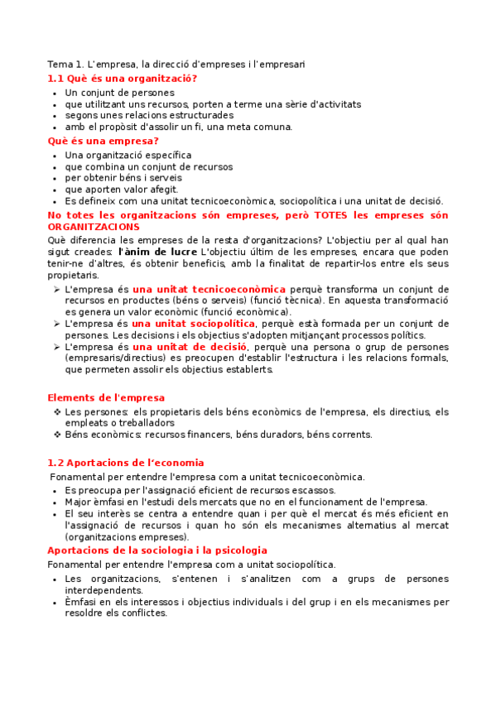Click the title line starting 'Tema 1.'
[176, 64]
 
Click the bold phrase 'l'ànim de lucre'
[157, 251]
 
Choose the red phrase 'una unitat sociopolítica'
[192, 323]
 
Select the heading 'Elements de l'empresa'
[106, 398]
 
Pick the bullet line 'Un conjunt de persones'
[119, 93]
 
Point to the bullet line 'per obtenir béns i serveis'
[123, 177]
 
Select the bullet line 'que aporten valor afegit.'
[121, 189]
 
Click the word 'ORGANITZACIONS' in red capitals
[94, 227]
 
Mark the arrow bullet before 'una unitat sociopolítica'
[56, 323]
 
